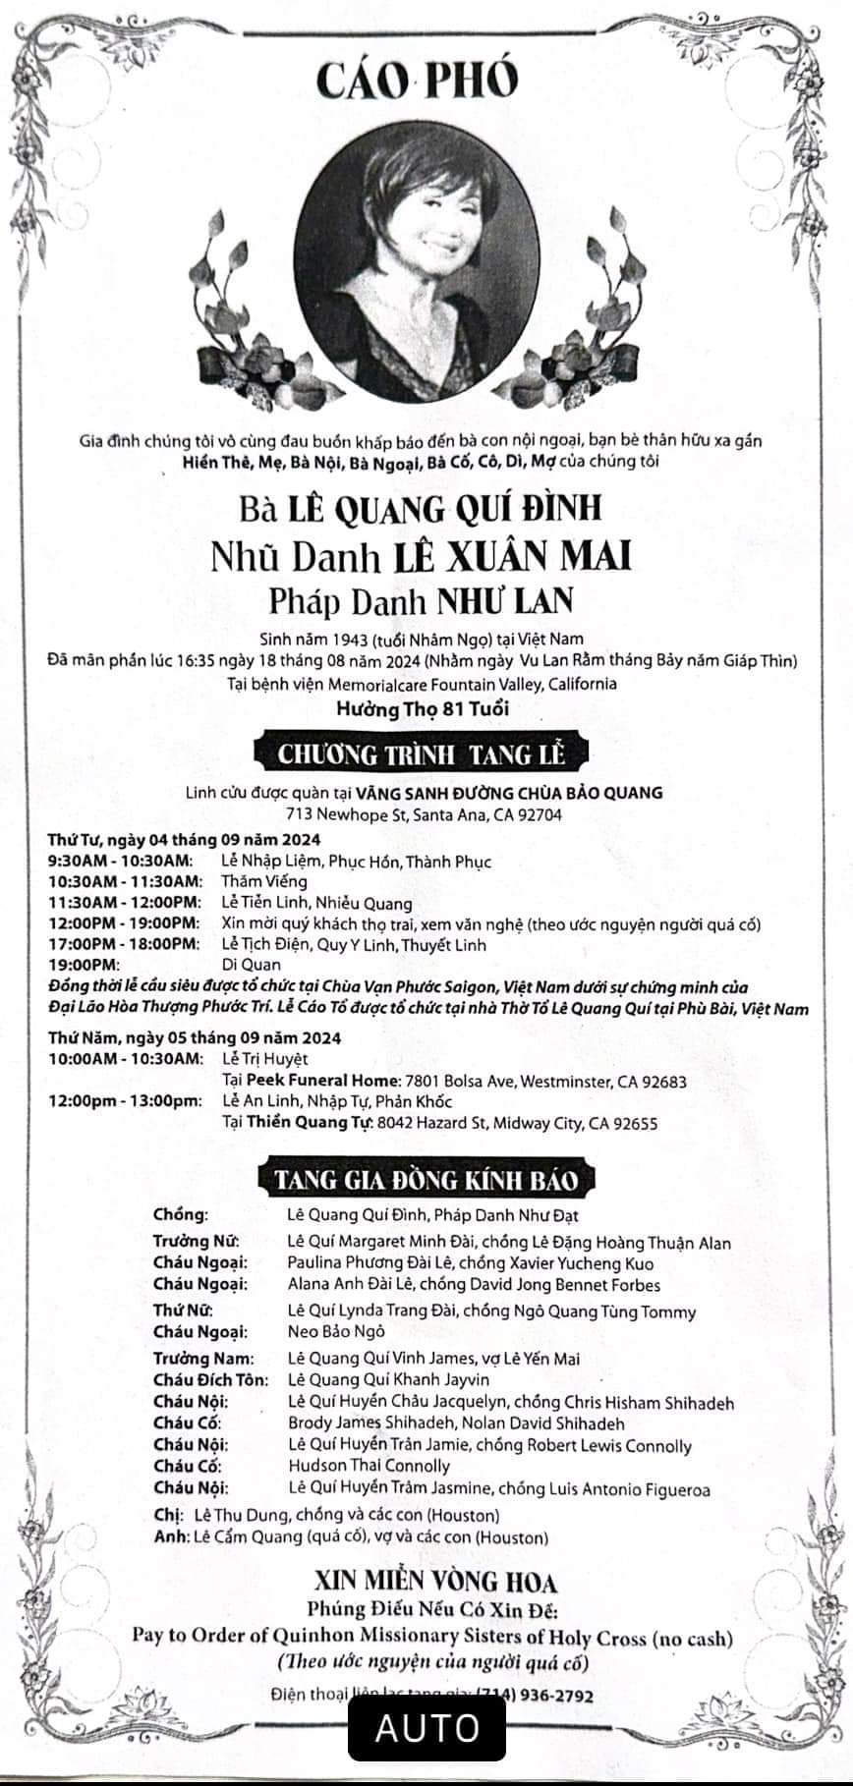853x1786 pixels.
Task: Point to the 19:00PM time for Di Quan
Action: tap(83, 965)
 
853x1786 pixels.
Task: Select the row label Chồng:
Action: tap(181, 1215)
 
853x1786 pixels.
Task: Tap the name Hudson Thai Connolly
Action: tap(369, 1467)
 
